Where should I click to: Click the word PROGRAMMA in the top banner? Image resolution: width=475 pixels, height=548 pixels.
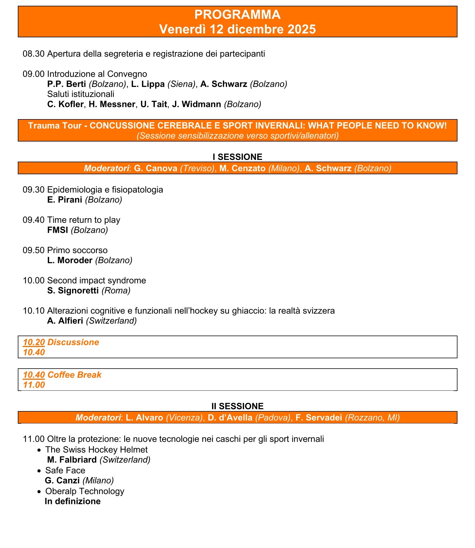click(237, 15)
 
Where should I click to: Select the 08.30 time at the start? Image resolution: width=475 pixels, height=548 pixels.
click(33, 54)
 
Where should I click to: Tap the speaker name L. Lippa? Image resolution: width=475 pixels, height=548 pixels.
click(148, 84)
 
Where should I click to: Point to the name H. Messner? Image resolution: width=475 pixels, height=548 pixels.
click(112, 104)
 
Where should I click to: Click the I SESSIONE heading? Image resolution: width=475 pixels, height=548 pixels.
click(237, 157)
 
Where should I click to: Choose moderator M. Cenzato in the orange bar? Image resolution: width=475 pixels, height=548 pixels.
click(242, 168)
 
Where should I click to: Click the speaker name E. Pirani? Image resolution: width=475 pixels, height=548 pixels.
click(65, 200)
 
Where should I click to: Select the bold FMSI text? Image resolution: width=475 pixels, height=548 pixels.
click(57, 230)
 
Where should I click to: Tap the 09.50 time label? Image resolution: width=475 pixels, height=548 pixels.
click(33, 250)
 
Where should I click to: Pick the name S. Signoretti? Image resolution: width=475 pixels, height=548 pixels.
click(73, 291)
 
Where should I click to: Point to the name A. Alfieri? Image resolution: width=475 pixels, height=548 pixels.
click(65, 321)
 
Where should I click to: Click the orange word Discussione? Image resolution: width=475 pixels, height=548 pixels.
click(73, 342)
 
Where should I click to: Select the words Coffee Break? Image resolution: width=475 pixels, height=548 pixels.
click(74, 375)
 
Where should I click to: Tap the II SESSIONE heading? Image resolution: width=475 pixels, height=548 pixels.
click(237, 406)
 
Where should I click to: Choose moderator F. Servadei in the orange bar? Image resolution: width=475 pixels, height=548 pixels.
click(319, 417)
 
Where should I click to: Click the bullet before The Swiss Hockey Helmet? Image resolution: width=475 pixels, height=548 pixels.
click(40, 450)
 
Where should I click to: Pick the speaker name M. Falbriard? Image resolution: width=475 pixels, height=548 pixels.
click(72, 460)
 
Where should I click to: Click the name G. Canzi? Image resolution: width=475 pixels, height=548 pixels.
click(62, 481)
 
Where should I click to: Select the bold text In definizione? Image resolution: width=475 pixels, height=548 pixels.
click(73, 501)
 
